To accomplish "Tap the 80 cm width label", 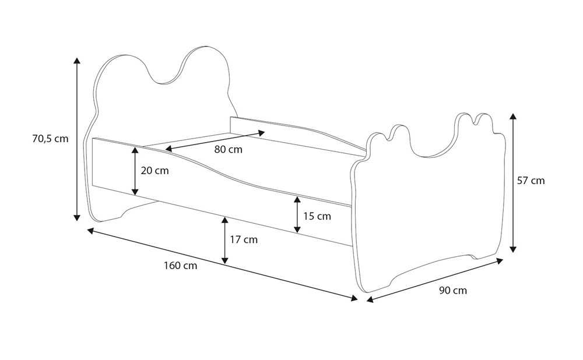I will (x=228, y=150).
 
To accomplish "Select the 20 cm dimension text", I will (x=154, y=171).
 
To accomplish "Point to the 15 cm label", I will (x=317, y=216).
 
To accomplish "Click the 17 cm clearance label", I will (x=244, y=239).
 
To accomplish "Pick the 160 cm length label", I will (x=180, y=266).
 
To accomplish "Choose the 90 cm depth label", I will (x=452, y=290).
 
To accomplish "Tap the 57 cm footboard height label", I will (x=531, y=181).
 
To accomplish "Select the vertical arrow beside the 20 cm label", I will (x=135, y=171).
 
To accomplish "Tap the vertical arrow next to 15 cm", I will (x=297, y=215).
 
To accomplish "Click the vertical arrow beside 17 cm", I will (x=225, y=239).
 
